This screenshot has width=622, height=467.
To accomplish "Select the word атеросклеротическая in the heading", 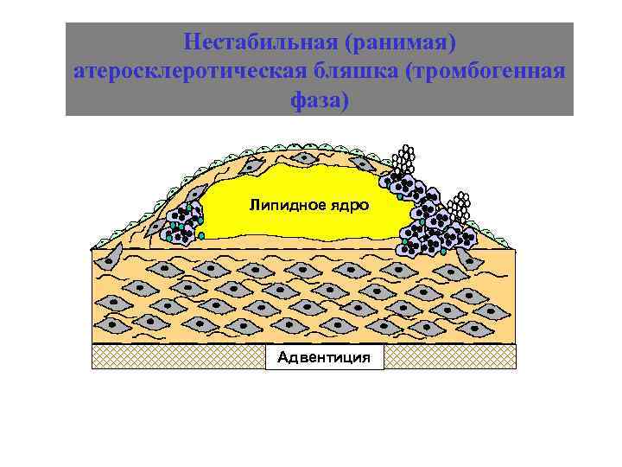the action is pyautogui.click(x=194, y=72).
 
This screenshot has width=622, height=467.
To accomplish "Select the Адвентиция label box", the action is pyautogui.click(x=324, y=356).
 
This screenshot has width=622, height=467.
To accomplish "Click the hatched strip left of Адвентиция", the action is pyautogui.click(x=178, y=356).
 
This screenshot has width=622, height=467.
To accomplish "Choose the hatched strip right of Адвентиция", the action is pyautogui.click(x=449, y=356).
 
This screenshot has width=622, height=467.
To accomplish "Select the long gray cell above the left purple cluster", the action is pyautogui.click(x=195, y=195).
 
